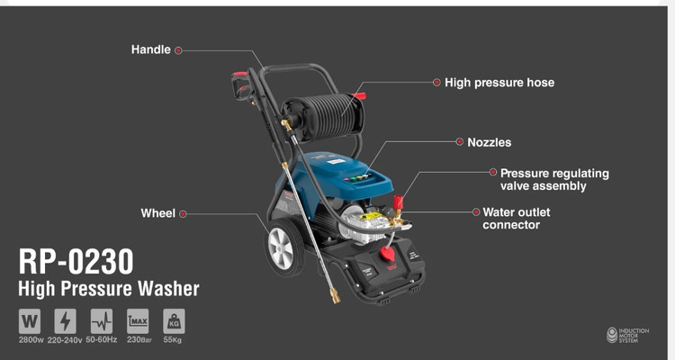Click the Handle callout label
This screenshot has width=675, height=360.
(x=150, y=49)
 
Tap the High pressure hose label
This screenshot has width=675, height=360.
(x=499, y=82)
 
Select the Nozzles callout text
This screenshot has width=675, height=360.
(x=489, y=142)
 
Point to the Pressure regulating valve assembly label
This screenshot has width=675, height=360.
(x=554, y=179)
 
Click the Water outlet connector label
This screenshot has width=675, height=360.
(x=517, y=219)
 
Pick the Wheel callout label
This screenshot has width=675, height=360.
(x=158, y=213)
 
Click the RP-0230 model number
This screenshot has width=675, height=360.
(x=76, y=261)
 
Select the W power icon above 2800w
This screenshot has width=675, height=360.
(x=30, y=321)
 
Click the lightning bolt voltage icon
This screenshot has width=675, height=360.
(x=66, y=321)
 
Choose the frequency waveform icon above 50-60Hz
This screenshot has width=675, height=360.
(x=102, y=321)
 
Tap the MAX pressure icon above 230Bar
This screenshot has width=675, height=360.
(x=138, y=321)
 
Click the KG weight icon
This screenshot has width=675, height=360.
(x=174, y=321)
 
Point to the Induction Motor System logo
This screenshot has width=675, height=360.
(x=627, y=335)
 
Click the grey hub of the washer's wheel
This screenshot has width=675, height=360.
(x=281, y=248)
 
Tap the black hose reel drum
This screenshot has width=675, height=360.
(x=327, y=115)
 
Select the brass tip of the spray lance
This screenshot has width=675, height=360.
(x=335, y=296)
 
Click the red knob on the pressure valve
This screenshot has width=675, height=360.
(x=398, y=202)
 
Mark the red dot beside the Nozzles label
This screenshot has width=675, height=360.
(x=460, y=141)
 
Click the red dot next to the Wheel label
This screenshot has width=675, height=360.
(x=183, y=213)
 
